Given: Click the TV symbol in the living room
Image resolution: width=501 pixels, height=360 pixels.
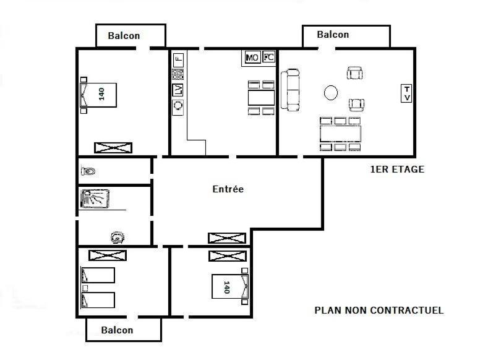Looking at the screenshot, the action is click(406, 93).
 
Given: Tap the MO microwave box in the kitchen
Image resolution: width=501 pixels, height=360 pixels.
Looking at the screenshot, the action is click(252, 57).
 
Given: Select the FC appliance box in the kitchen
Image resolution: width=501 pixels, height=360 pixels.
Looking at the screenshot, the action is click(268, 57).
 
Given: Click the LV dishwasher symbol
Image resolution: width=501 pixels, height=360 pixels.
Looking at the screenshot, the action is click(178, 90).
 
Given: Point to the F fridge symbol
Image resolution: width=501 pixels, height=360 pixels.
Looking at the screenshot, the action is click(178, 59).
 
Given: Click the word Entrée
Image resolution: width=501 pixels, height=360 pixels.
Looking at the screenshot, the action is click(228, 189).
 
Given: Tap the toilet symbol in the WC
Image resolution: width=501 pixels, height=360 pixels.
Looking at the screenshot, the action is click(88, 171).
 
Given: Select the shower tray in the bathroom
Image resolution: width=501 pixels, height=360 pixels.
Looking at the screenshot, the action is click(95, 199).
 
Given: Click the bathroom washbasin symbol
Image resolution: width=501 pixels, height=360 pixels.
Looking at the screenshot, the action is click(118, 238).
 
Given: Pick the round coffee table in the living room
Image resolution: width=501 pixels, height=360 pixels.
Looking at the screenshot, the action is click(331, 93).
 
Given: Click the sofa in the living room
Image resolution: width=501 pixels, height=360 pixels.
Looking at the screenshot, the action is click(290, 90).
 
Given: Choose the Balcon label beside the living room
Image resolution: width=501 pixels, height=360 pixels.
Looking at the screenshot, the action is click(333, 35).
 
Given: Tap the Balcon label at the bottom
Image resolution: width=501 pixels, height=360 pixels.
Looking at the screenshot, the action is click(117, 330).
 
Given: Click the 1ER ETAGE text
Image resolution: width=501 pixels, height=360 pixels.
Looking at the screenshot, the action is click(397, 169).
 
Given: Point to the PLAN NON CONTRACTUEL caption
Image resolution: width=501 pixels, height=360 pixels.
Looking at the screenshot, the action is click(379, 310).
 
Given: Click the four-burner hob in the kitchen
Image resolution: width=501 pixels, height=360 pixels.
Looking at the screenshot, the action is click(178, 74).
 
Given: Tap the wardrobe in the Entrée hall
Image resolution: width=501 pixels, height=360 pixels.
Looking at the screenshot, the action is click(227, 238).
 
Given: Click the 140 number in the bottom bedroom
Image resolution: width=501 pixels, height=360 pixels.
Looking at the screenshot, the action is click(227, 287).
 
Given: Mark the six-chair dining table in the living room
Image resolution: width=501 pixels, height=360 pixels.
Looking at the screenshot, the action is click(340, 134).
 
